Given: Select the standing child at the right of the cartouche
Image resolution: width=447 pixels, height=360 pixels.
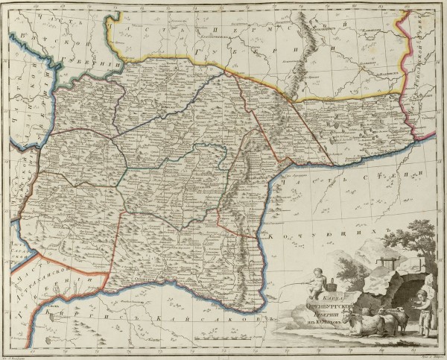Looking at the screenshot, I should (x=424, y=309).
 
